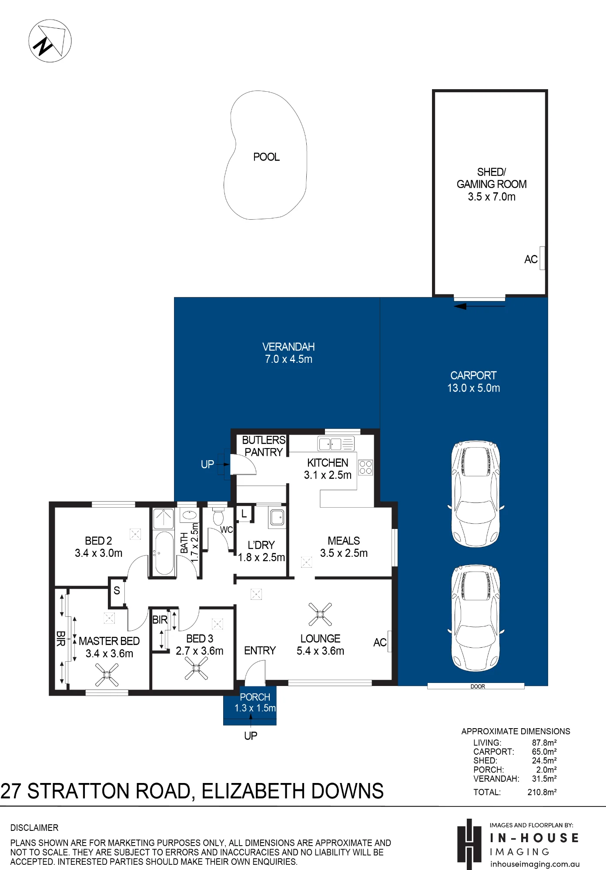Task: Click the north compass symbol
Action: click(x=50, y=41)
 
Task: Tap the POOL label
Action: click(x=266, y=157)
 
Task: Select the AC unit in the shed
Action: click(x=542, y=258)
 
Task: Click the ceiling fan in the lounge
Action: click(x=320, y=614)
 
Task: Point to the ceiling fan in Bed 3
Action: click(x=196, y=668)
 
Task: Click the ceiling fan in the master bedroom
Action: click(x=107, y=675)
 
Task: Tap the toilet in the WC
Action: click(x=218, y=515)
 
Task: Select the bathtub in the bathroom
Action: click(x=164, y=552)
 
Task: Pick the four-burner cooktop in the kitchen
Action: click(x=366, y=467)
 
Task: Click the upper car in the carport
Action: click(x=476, y=494)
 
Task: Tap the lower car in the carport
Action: click(x=476, y=618)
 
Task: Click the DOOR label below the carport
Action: click(x=478, y=686)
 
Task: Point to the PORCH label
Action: click(x=255, y=697)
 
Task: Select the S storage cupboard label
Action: click(x=117, y=590)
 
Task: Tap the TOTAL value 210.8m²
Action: click(x=542, y=792)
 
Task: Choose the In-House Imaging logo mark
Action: click(x=469, y=844)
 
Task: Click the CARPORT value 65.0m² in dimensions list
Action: click(x=544, y=752)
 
